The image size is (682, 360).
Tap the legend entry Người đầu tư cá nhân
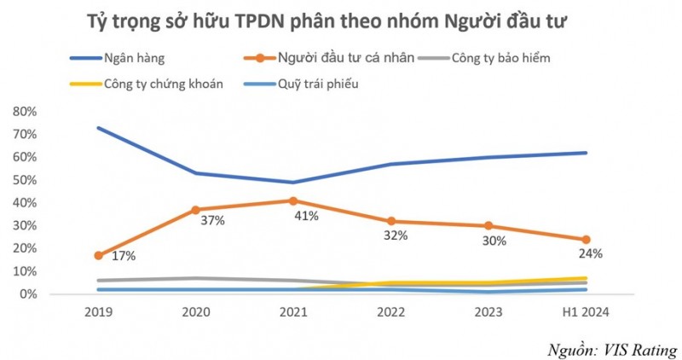[345, 58]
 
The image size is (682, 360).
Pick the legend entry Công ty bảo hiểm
[504, 58]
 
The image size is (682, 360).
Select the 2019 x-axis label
[99, 312]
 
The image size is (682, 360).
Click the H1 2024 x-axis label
[586, 312]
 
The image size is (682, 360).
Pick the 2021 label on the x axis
[293, 312]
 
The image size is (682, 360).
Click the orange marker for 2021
[293, 201]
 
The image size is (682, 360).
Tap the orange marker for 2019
[99, 255]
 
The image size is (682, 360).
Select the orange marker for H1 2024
[586, 240]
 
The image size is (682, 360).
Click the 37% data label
[212, 221]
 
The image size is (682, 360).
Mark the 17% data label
[123, 256]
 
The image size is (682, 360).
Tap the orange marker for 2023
[488, 226]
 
